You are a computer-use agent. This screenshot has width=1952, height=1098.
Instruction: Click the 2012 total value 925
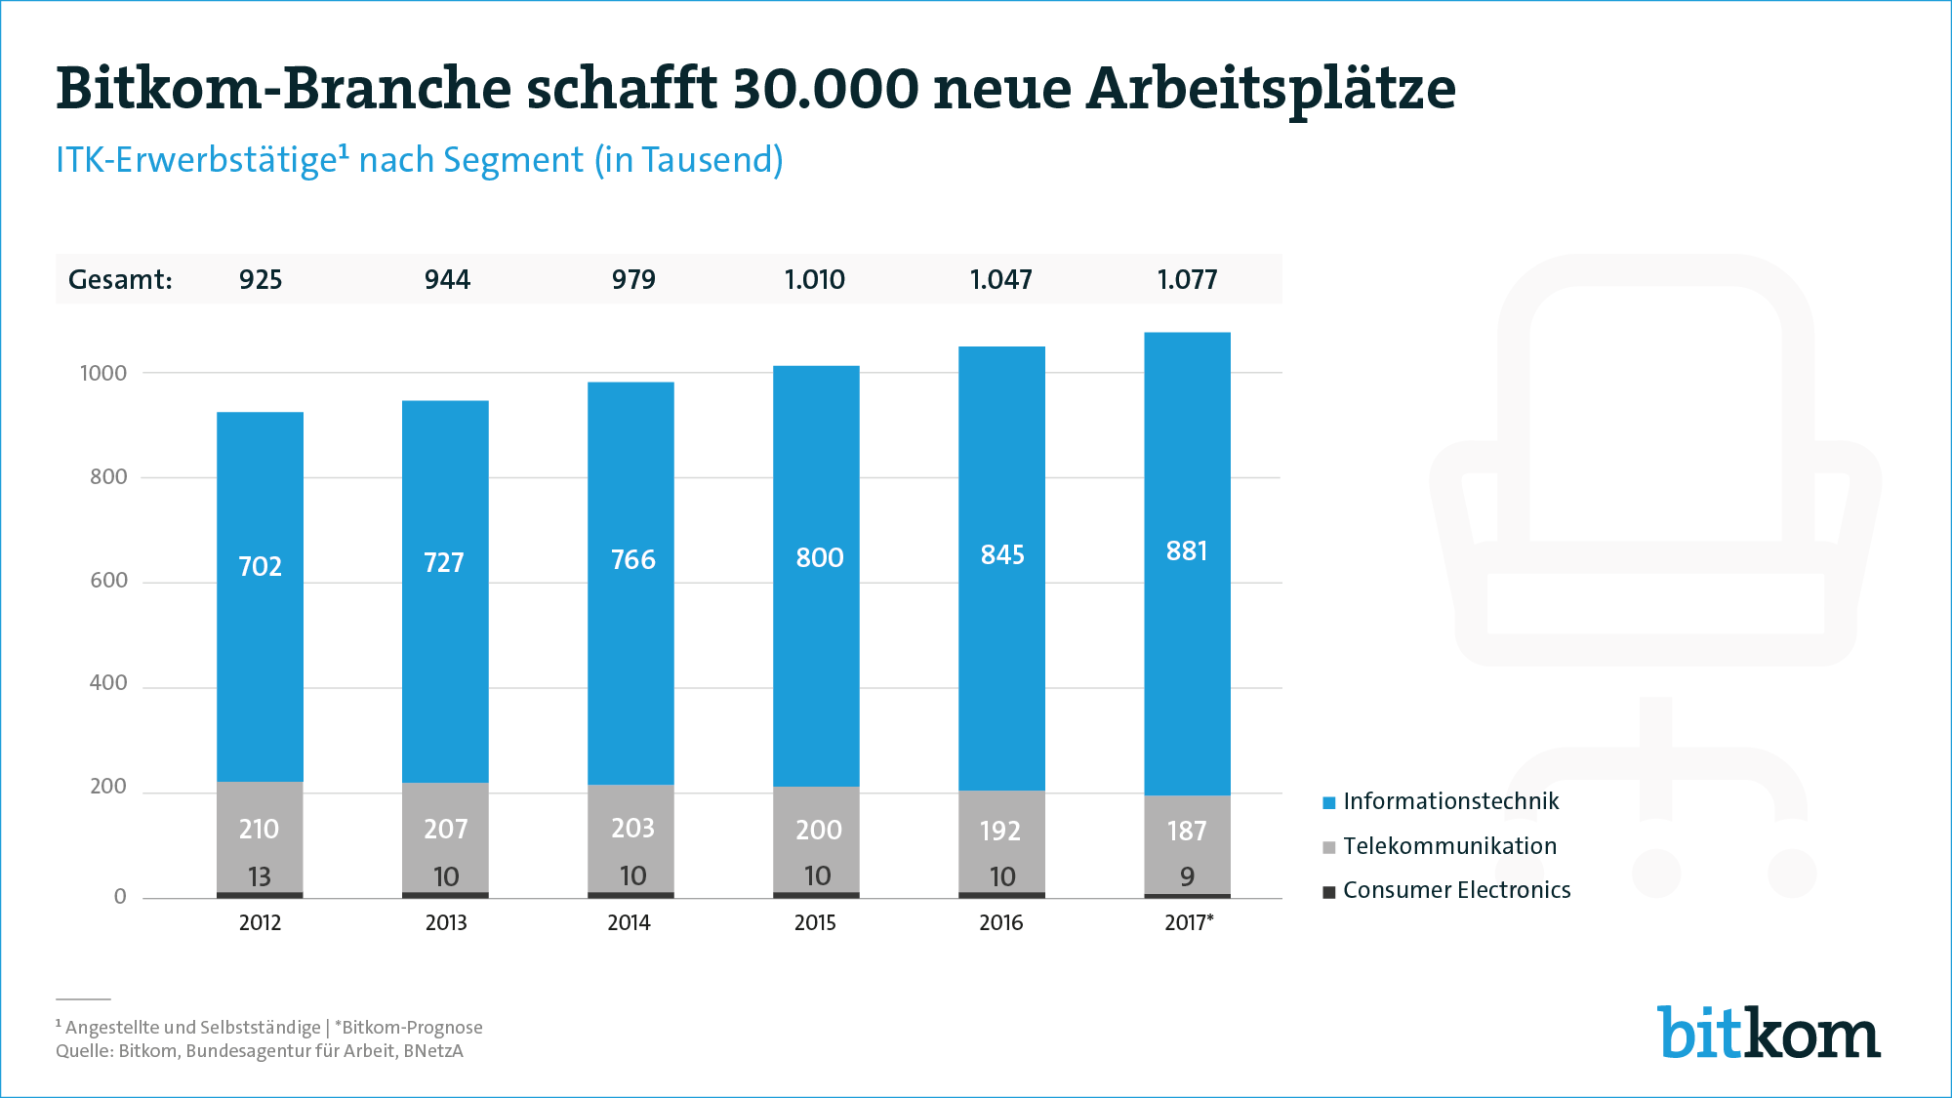coord(261,280)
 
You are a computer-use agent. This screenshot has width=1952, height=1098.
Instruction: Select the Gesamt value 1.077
coord(1187,280)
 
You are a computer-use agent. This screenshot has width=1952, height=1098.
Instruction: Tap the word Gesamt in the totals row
coord(119,280)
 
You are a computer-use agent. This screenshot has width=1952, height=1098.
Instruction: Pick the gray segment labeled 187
coord(1187,831)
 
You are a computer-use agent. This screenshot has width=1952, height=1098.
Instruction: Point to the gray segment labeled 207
coord(445,830)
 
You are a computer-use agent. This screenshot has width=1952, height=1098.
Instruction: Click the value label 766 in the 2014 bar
coord(632,560)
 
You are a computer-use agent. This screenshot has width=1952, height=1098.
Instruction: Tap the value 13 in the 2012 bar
coord(260,876)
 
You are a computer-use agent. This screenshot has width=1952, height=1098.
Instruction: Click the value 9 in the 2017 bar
coord(1187,876)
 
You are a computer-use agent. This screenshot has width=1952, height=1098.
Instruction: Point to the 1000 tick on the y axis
coord(103,373)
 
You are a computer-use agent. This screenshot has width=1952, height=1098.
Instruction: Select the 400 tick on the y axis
coord(108,683)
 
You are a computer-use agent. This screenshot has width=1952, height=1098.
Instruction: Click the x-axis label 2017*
coord(1189,922)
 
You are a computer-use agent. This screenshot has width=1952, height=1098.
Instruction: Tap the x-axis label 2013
coord(446,922)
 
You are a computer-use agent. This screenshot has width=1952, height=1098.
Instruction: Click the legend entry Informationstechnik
coord(1450,801)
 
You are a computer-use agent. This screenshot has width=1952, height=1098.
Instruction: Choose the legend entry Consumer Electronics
coord(1456,890)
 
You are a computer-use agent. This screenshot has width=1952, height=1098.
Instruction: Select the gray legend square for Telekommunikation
coord(1328,847)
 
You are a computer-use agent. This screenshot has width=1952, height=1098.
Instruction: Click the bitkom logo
coord(1769,1032)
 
